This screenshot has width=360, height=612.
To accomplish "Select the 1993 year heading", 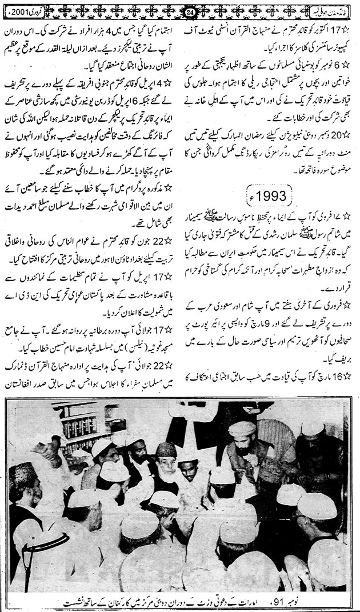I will point(271,197).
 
